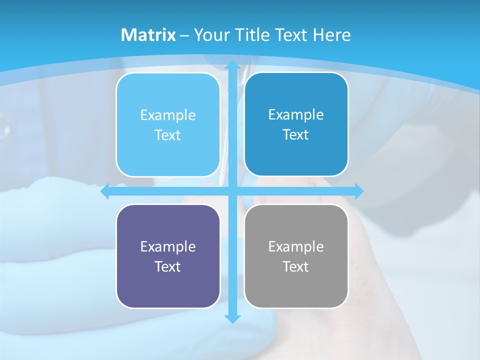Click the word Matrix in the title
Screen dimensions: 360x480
[x=148, y=35]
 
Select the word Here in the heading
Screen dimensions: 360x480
[x=332, y=35]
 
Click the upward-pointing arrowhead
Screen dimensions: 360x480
[x=232, y=65]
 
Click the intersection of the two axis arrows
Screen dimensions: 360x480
[x=232, y=191]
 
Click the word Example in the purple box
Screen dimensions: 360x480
[x=168, y=246]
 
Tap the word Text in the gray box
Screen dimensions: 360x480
[x=296, y=266]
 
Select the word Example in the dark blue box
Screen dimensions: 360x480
[x=296, y=114]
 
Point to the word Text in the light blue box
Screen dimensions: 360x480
[x=168, y=135]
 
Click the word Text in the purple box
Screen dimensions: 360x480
[x=168, y=266]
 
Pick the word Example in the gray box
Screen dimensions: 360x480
[x=296, y=246]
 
